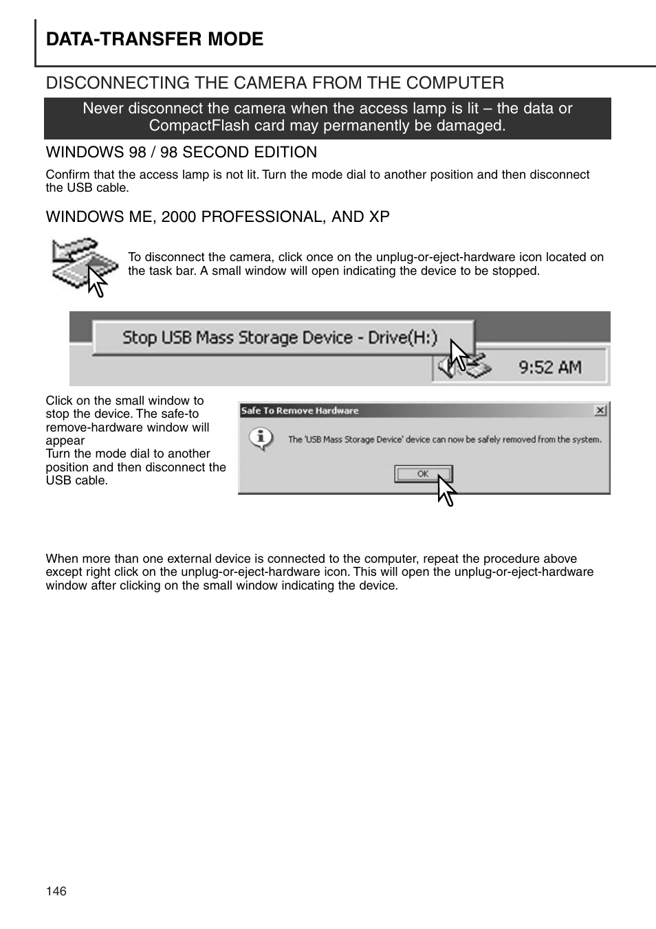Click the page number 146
[56, 891]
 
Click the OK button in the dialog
[422, 473]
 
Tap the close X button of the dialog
[600, 410]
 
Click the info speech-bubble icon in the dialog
[262, 438]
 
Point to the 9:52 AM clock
[549, 367]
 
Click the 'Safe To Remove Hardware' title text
[299, 411]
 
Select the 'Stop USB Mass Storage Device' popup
[282, 337]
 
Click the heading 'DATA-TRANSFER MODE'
[155, 39]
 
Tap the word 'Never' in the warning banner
[103, 109]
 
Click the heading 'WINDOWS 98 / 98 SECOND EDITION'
[182, 152]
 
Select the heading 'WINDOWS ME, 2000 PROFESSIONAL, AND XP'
[217, 216]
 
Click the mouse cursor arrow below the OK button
[446, 492]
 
